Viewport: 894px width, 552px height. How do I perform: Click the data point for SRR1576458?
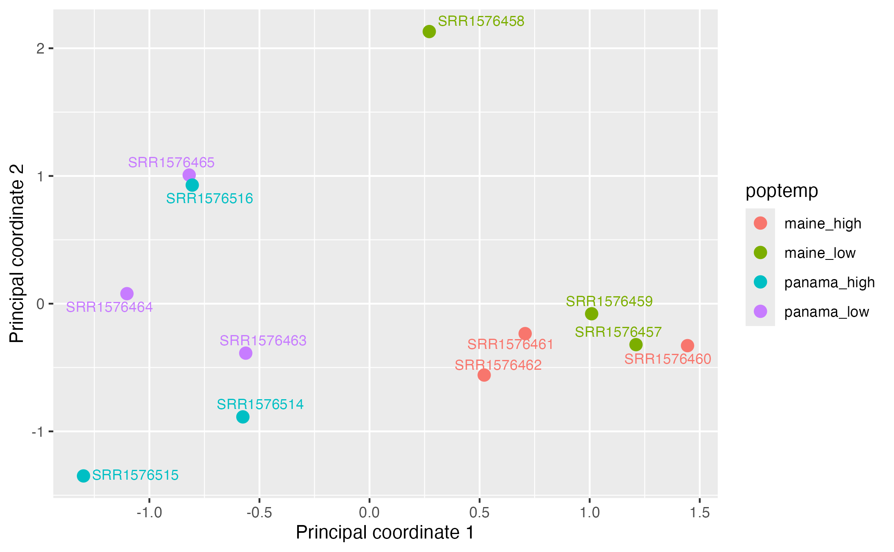point(429,31)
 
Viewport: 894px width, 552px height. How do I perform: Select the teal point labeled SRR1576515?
point(83,476)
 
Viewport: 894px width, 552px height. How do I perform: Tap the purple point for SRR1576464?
point(127,293)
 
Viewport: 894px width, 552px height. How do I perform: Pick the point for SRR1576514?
point(243,417)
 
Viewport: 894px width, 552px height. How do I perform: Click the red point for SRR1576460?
point(688,345)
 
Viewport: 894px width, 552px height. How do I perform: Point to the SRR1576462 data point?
point(484,375)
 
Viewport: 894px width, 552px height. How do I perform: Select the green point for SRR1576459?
point(592,314)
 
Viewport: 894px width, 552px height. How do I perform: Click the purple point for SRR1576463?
point(246,353)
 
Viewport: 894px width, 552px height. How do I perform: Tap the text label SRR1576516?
point(209,199)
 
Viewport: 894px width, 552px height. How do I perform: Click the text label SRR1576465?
point(171,163)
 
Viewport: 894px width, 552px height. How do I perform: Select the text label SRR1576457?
point(618,332)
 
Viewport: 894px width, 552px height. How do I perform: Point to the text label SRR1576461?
point(510,344)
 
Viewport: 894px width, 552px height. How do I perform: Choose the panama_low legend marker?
point(760,311)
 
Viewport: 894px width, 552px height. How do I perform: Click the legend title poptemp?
point(782,191)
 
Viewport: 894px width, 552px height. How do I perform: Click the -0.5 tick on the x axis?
point(259,512)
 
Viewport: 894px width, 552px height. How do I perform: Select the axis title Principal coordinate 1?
point(385,532)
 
